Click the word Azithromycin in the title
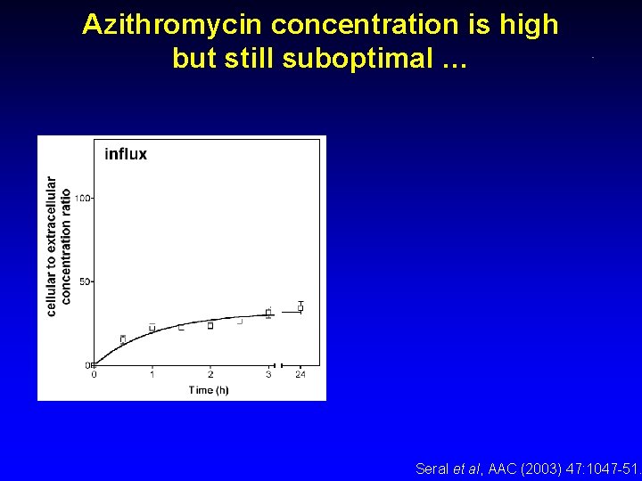coord(172,25)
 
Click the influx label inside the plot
coord(126,154)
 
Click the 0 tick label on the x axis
coord(95,375)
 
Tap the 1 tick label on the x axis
coord(152,375)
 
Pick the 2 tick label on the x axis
coord(210,375)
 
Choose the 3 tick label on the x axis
coord(268,375)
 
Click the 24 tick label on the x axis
coord(300,375)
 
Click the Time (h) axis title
coord(209,390)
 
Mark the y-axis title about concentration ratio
coord(58,246)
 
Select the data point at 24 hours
coord(300,306)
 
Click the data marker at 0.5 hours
coord(123,338)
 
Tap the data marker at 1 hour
coord(152,327)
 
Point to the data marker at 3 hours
coord(268,313)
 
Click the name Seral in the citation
coord(433,468)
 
